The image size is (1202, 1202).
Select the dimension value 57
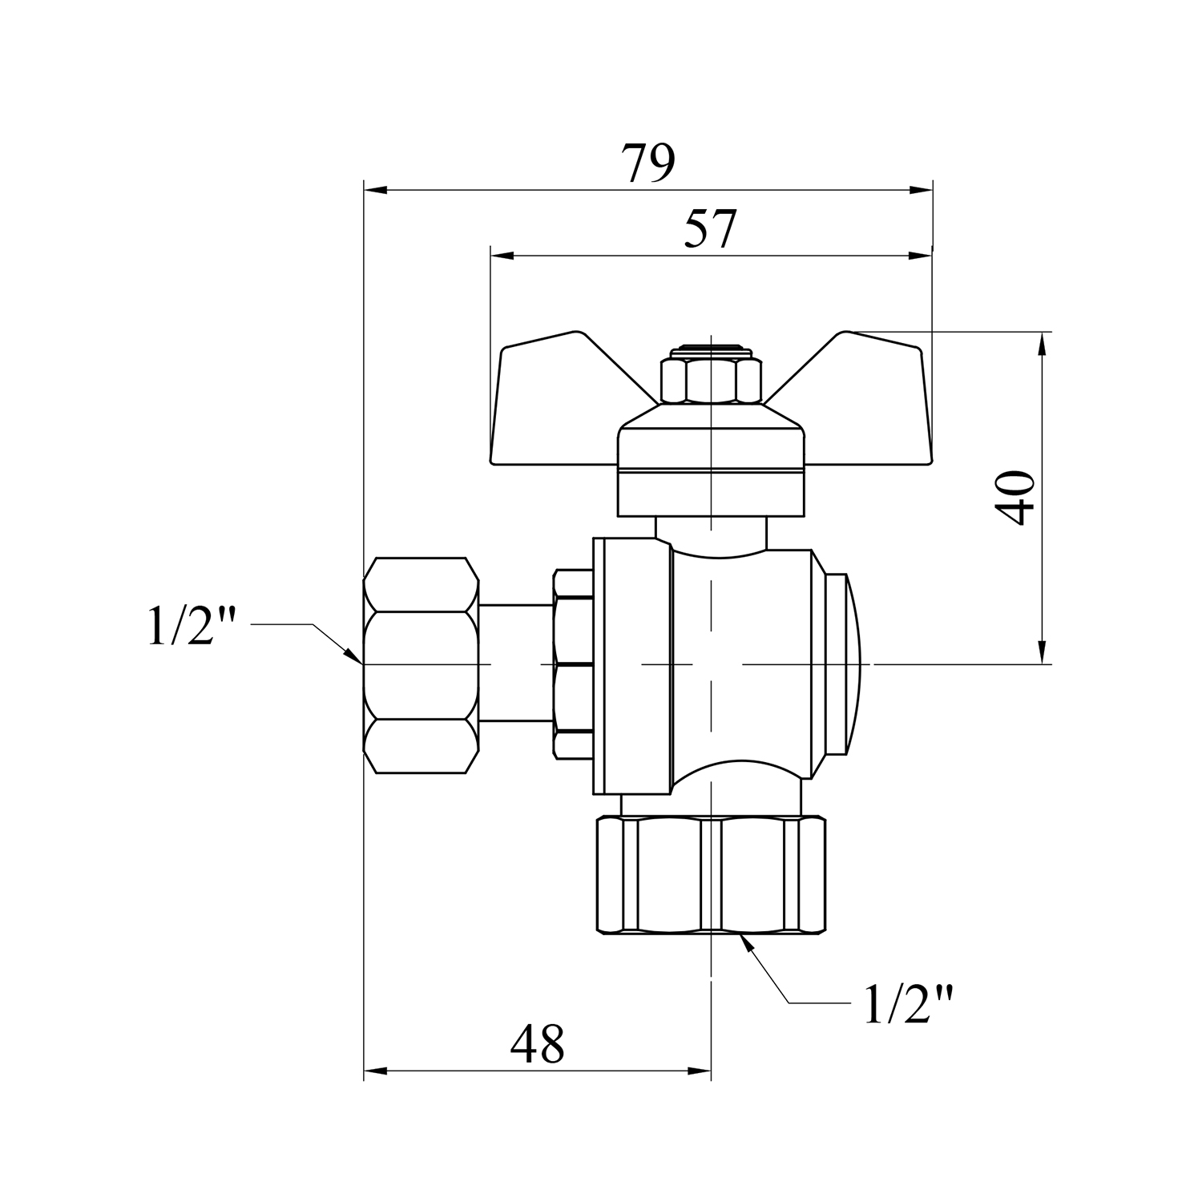710,230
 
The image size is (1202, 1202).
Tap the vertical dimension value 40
1014,498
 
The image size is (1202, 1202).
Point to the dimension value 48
538,1043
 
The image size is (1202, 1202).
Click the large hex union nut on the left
420,665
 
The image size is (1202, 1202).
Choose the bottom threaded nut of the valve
711,874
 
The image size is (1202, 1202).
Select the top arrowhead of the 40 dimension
1042,342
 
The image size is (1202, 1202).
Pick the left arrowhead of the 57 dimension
502,256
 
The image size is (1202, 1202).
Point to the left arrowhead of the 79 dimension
375,190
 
